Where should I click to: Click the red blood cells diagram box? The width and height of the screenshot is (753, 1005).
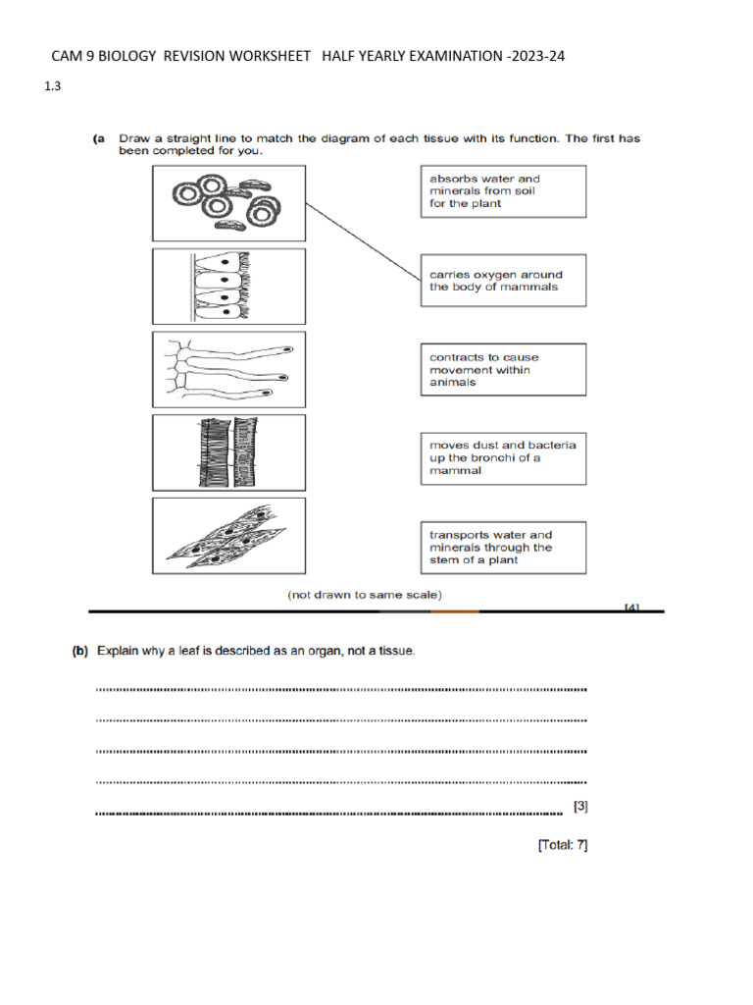click(228, 203)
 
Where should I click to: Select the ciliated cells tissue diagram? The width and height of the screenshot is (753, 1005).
click(228, 286)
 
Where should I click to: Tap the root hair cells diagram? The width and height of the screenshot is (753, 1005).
click(228, 369)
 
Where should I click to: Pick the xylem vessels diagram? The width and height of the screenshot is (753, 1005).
click(228, 451)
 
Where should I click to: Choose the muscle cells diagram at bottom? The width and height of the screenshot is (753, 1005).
click(228, 536)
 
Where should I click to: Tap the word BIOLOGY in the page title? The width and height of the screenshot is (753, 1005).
click(125, 57)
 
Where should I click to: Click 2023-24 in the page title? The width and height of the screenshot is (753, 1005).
click(537, 57)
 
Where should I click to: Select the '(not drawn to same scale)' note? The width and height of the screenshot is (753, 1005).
click(365, 594)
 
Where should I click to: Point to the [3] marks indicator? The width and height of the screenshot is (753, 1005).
click(580, 807)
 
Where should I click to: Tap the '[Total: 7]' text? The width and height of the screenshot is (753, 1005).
click(563, 844)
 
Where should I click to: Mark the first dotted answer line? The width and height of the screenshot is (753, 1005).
click(341, 690)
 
